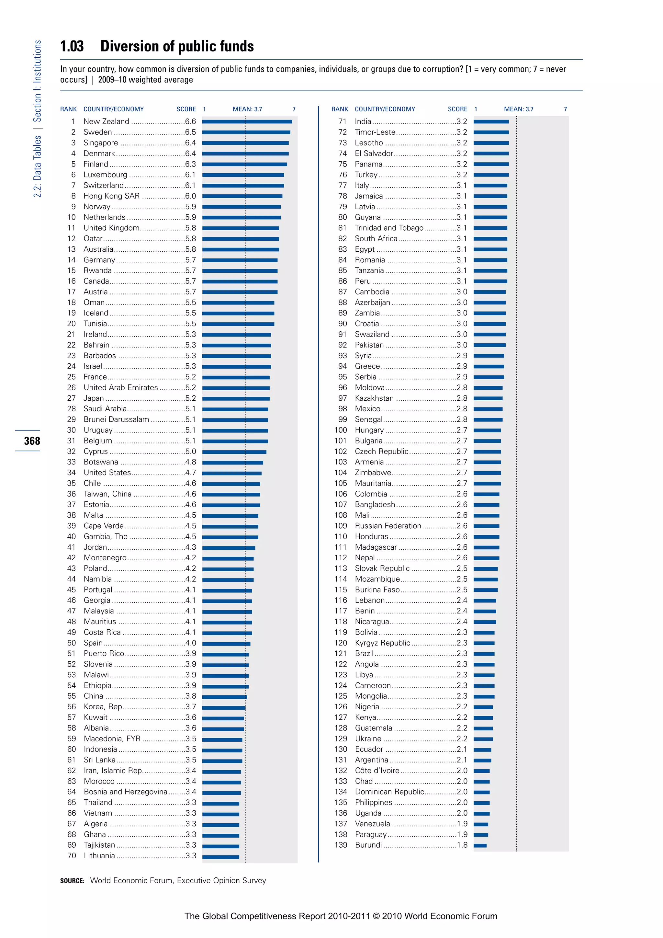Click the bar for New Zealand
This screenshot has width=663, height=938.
247,122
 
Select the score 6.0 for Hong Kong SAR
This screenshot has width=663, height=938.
190,196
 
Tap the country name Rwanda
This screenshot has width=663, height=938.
97,270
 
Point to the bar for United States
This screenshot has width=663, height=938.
232,473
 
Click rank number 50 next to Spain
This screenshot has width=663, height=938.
72,643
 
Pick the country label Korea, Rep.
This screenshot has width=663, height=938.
103,707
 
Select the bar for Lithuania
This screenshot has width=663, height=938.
221,857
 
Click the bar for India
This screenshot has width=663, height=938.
491,122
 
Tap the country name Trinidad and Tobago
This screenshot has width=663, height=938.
389,228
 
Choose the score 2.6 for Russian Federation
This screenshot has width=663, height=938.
462,526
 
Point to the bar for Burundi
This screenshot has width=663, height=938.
480,845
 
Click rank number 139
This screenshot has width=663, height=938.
341,845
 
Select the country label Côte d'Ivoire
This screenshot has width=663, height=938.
377,771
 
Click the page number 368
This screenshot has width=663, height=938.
32,441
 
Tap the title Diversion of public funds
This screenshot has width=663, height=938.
177,46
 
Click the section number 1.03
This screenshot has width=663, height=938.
72,46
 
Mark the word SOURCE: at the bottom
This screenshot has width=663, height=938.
72,881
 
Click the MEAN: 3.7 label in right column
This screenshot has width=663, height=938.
519,109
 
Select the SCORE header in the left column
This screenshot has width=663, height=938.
186,109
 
